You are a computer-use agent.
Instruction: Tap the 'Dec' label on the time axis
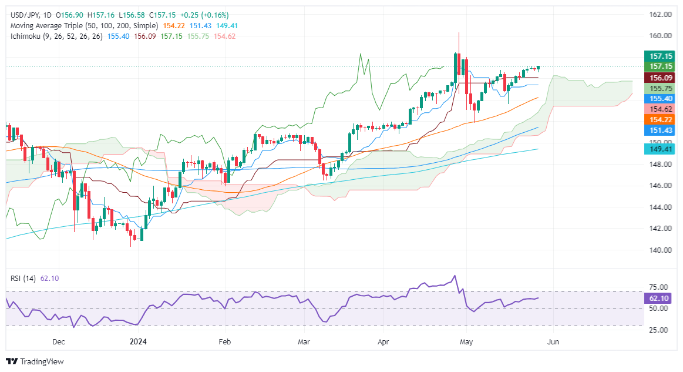pyautogui.click(x=58, y=341)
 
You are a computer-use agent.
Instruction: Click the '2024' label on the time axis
pyautogui.click(x=139, y=341)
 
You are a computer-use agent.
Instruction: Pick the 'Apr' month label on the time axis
pyautogui.click(x=383, y=341)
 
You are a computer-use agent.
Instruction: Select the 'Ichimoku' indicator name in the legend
pyautogui.click(x=24, y=36)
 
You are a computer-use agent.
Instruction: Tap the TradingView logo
pyautogui.click(x=35, y=361)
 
